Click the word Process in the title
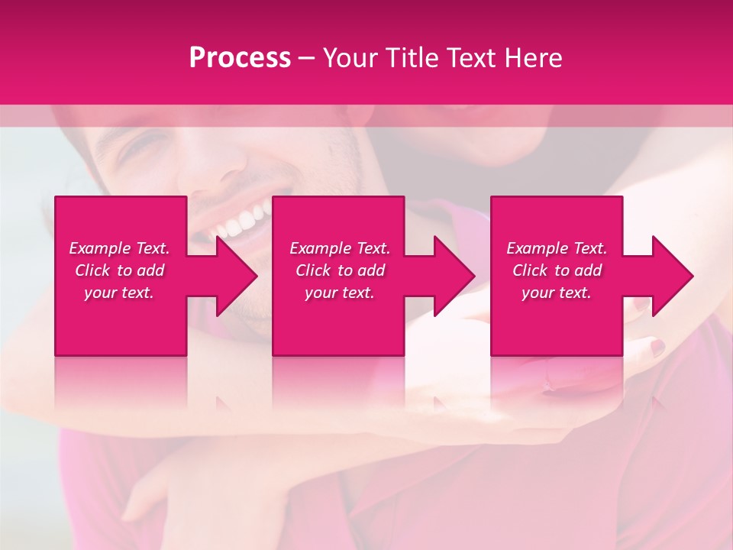[x=240, y=58]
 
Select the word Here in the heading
[x=532, y=58]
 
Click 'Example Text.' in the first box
[x=119, y=248]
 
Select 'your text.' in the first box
[x=119, y=293]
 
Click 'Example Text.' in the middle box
[x=340, y=248]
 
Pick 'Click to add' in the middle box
[x=340, y=270]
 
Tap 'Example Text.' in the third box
[x=557, y=248]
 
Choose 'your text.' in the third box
[x=557, y=293]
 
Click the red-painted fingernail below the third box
[x=657, y=348]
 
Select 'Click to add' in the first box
[x=119, y=270]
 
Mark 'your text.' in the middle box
[x=340, y=293]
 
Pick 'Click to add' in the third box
[x=557, y=270]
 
